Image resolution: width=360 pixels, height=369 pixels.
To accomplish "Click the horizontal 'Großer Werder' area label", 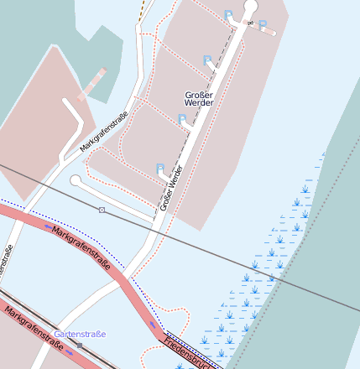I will [198, 97].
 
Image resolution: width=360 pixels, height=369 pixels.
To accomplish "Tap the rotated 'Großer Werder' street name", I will [171, 187].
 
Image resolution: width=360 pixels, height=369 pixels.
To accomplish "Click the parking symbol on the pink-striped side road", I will [262, 25].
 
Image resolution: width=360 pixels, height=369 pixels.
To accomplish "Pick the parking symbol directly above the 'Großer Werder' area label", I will [207, 60].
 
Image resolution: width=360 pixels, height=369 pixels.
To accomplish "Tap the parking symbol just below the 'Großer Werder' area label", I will [182, 120].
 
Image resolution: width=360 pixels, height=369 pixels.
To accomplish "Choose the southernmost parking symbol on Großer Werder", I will [159, 169].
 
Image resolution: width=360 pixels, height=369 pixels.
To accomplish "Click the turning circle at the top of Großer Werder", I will [250, 7].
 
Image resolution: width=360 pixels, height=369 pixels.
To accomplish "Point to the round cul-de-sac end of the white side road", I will [76, 180].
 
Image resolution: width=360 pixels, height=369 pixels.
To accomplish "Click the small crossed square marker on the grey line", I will [102, 210].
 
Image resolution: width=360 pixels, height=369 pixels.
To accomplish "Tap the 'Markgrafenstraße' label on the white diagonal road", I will [103, 133].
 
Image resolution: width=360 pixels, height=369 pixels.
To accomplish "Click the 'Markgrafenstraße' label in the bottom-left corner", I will [34, 327].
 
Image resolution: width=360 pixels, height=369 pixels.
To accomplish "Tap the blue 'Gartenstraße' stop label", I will [81, 334].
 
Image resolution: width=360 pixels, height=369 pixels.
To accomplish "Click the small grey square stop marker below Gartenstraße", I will [80, 345].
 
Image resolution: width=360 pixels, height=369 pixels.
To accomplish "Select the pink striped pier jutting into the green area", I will [91, 84].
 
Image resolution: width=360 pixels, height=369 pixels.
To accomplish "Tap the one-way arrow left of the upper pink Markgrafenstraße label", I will [48, 226].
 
